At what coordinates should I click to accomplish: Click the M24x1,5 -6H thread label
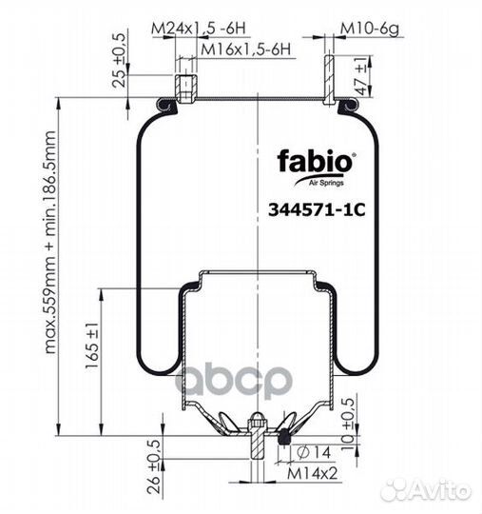(199, 29)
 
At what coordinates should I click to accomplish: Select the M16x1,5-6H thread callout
(245, 49)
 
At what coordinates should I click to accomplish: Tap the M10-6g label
(370, 29)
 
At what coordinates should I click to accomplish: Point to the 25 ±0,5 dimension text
(119, 60)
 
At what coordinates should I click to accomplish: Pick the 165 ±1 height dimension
(91, 346)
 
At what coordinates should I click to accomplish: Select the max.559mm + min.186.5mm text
(50, 243)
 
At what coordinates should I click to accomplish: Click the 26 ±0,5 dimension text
(154, 466)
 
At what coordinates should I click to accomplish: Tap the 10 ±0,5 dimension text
(348, 424)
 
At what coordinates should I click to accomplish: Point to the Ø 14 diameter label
(314, 453)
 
